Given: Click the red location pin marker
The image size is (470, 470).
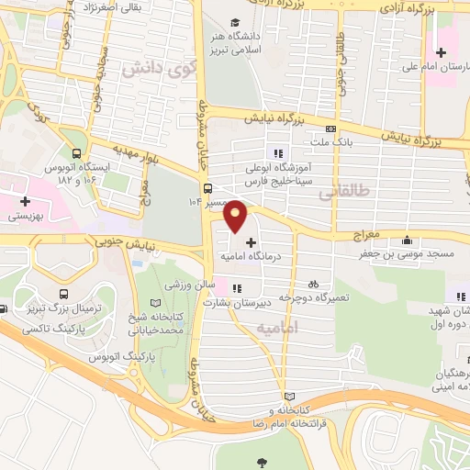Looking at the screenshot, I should tap(236, 216).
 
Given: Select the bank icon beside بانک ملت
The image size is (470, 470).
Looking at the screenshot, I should tap(331, 129).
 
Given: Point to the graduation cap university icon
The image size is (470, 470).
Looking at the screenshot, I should tap(236, 22).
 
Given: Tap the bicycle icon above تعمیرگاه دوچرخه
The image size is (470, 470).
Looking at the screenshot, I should tap(314, 285).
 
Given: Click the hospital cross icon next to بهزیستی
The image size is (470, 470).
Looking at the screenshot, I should tap(25, 201).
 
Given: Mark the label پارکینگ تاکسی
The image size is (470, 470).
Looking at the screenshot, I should tap(50, 328).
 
